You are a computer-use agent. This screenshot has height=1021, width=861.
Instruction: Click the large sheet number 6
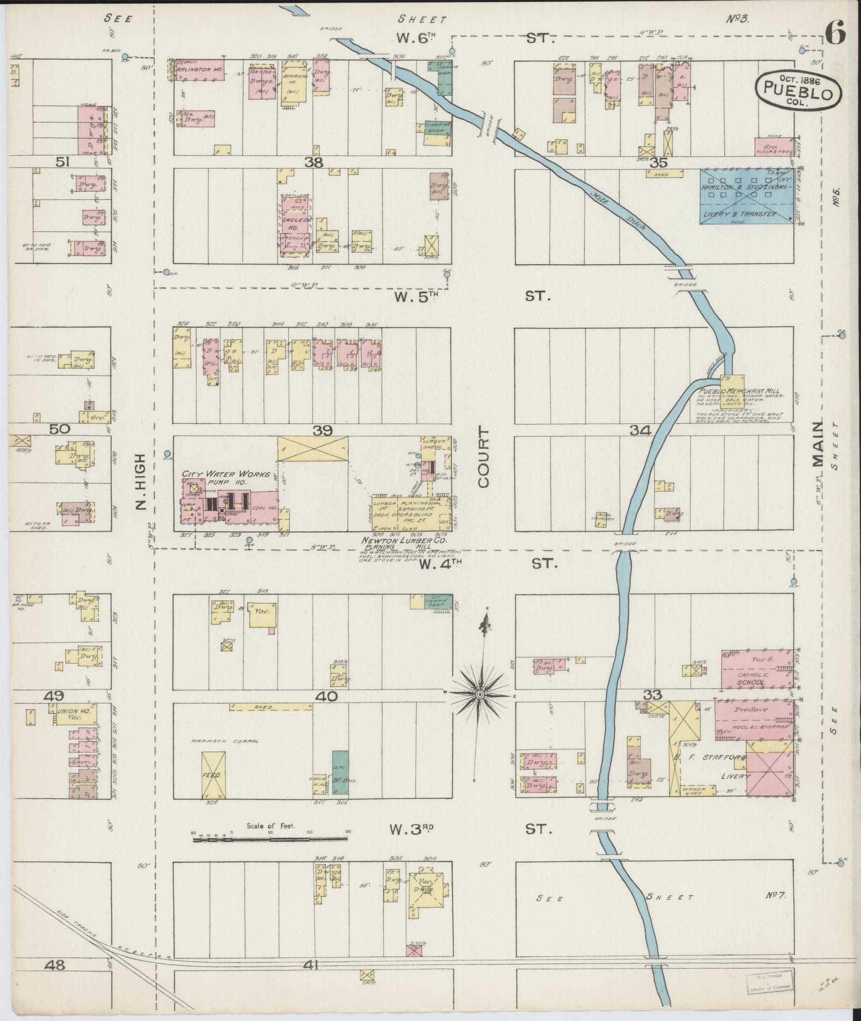(x=835, y=35)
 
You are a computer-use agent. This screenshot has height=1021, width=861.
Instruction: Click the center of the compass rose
(x=479, y=694)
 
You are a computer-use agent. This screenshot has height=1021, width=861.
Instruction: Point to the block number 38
(x=314, y=163)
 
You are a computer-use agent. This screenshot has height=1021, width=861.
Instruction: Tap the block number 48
(x=55, y=964)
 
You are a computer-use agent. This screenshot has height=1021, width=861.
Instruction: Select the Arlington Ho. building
(x=200, y=70)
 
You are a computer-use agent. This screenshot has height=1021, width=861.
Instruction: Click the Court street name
(x=484, y=457)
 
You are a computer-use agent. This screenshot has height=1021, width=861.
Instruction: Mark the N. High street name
(x=140, y=482)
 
